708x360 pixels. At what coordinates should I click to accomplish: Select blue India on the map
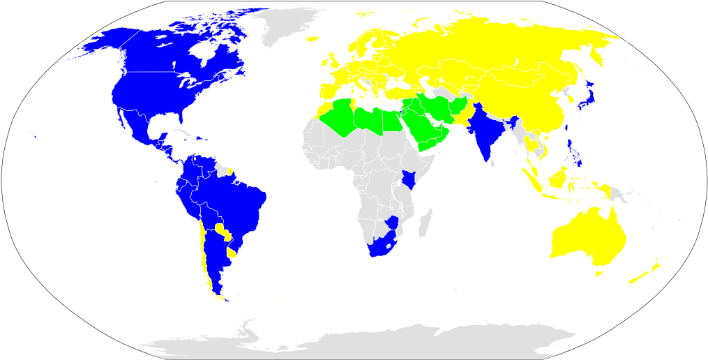tap(485, 133)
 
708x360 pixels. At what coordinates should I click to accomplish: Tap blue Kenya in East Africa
tap(409, 180)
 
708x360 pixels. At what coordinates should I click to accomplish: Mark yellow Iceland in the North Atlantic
tap(310, 40)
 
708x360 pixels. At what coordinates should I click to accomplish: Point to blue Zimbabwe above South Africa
tap(393, 223)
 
